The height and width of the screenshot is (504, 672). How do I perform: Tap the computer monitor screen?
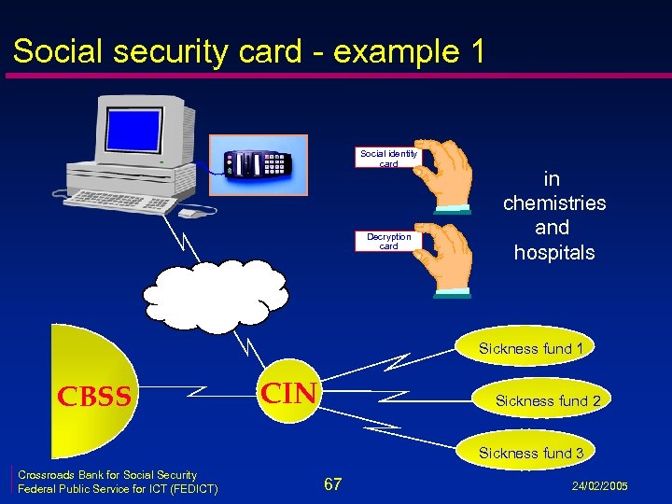[x=138, y=133]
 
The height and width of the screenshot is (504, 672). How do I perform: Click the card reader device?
[x=259, y=165]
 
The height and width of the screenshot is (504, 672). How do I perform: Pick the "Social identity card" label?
[x=388, y=158]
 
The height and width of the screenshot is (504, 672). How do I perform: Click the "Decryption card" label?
[x=388, y=241]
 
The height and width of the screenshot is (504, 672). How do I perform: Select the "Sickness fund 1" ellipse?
[x=531, y=349]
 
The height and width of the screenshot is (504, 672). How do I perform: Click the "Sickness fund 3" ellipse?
[x=531, y=453]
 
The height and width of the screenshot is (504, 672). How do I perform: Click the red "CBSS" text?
[x=94, y=398]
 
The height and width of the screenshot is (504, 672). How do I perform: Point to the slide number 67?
[x=332, y=483]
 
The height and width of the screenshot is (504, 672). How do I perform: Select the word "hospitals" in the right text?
[x=554, y=253]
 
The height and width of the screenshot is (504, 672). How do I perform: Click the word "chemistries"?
[x=554, y=203]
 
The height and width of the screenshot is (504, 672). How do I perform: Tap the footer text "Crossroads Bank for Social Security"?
[x=107, y=475]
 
